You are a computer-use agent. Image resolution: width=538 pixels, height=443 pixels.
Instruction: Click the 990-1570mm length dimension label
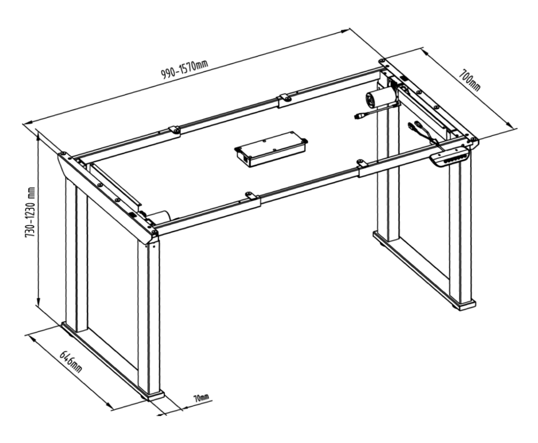[x=185, y=69]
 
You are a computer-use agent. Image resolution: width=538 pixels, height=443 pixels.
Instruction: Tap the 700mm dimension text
[x=470, y=80]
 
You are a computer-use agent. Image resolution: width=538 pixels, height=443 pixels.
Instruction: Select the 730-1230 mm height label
[x=31, y=213]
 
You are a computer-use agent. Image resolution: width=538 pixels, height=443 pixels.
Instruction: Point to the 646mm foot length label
[x=71, y=362]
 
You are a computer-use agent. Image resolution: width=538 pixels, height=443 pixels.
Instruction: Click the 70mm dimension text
[x=201, y=398]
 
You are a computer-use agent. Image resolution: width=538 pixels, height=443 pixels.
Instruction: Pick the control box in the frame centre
[x=271, y=149]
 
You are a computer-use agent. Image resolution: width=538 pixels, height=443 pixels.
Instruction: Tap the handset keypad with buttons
[x=450, y=157]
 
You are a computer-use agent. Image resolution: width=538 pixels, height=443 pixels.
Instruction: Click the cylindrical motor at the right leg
[x=380, y=97]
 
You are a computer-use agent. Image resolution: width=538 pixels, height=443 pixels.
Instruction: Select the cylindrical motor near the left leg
[x=160, y=217]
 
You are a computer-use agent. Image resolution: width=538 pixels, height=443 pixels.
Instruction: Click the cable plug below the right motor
[x=358, y=117]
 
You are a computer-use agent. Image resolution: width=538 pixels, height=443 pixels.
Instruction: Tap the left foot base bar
[x=113, y=361]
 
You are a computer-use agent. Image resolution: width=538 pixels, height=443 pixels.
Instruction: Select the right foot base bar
[x=425, y=270]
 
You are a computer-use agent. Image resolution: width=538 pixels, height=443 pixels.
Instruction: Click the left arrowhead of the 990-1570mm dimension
[x=27, y=122]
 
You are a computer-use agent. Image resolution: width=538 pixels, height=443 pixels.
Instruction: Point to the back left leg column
[x=76, y=254]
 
